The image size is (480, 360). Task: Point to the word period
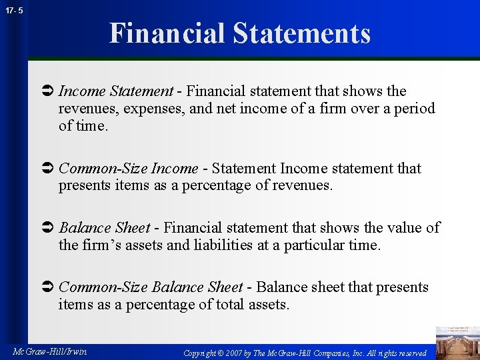coord(413,109)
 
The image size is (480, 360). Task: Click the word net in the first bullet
coord(201,109)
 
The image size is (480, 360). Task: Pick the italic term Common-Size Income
coord(128,169)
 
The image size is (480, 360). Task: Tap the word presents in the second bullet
coord(83,186)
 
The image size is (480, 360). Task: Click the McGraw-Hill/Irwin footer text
coord(50,351)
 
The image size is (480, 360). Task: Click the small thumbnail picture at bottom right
coord(457,342)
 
